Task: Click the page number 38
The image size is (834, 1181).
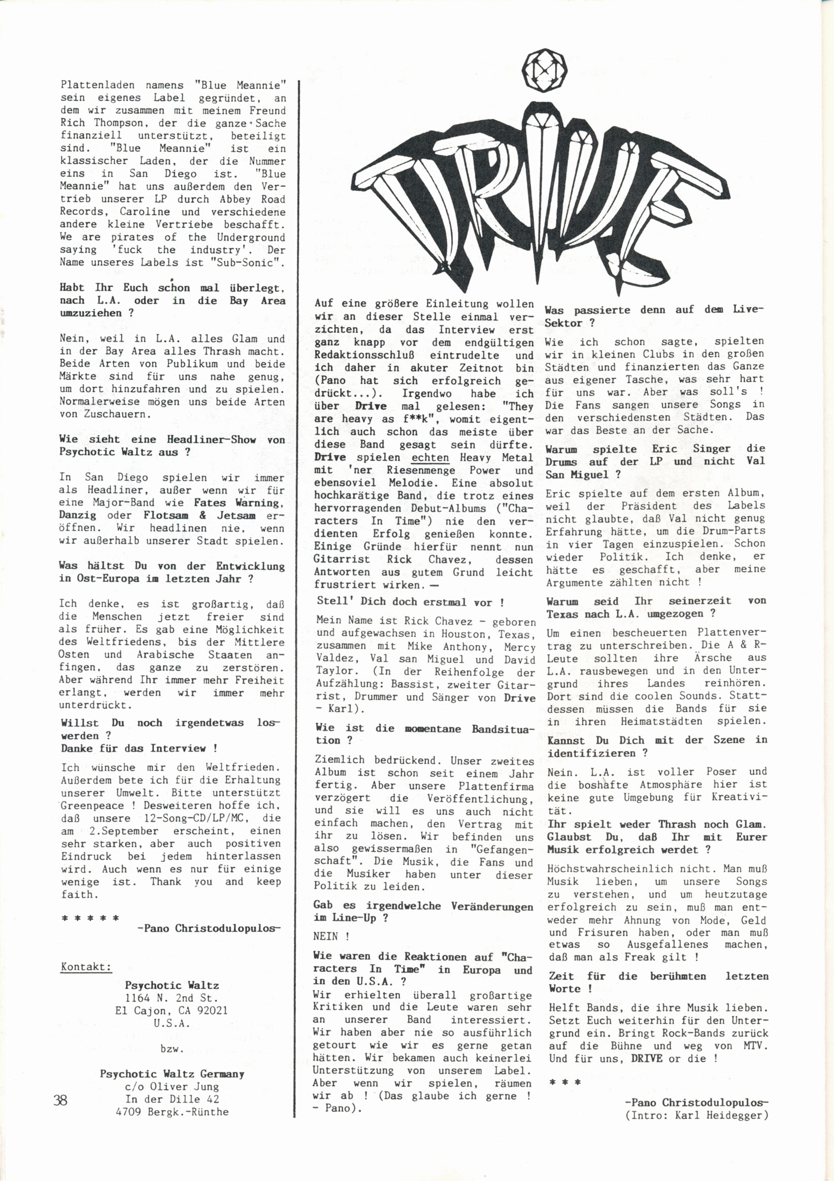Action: coord(60,1101)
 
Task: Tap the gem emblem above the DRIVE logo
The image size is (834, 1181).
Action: coord(545,70)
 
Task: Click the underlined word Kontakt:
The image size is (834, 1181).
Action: coord(86,966)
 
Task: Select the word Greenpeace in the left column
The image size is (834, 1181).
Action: coord(93,806)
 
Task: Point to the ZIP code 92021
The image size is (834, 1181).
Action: coord(210,1010)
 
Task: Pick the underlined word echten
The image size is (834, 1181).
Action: coord(430,458)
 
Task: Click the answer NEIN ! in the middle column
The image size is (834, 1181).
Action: coord(331,936)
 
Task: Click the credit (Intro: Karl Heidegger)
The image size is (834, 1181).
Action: coord(696,1116)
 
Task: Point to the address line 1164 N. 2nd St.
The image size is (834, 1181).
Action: coord(172,998)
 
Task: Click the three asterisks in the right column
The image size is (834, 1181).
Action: coord(565,1083)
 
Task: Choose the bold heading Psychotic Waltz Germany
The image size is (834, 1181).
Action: coord(172,1074)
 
